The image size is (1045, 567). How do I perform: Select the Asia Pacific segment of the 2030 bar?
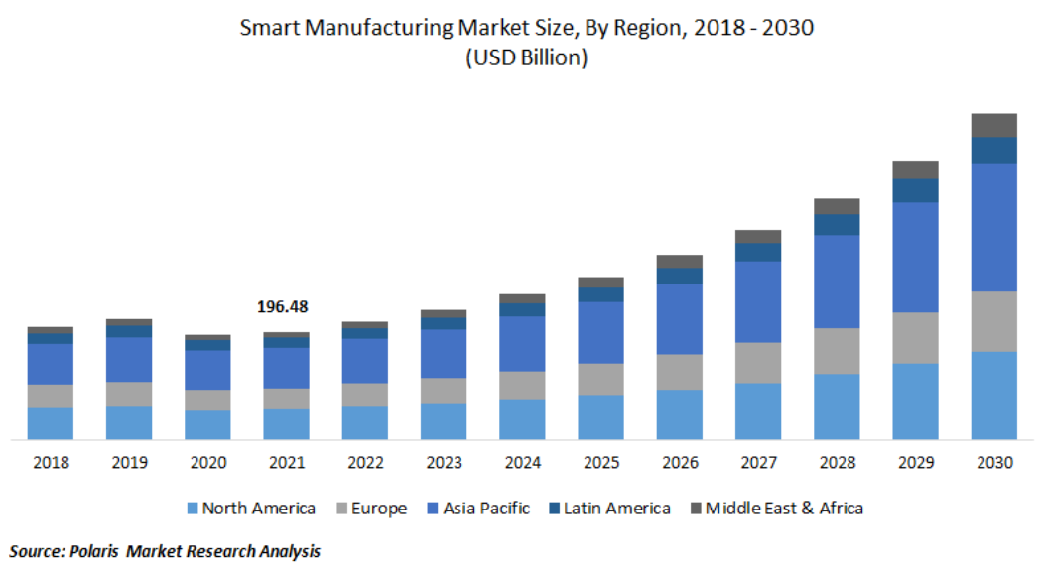[993, 227]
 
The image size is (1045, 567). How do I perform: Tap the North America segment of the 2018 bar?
[50, 423]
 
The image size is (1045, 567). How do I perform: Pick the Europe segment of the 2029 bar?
[915, 338]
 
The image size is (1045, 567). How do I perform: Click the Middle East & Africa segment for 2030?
[993, 125]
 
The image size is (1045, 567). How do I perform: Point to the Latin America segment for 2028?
[837, 224]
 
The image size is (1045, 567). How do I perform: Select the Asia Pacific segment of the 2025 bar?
[600, 332]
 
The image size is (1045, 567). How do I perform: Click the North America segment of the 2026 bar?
[680, 414]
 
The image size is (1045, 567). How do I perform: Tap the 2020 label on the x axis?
[207, 463]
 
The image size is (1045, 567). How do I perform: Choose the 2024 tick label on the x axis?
[522, 463]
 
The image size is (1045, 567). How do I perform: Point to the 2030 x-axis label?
[993, 463]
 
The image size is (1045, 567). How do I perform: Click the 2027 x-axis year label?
[758, 463]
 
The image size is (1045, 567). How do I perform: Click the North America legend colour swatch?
[193, 509]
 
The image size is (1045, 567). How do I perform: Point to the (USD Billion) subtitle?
[526, 57]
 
